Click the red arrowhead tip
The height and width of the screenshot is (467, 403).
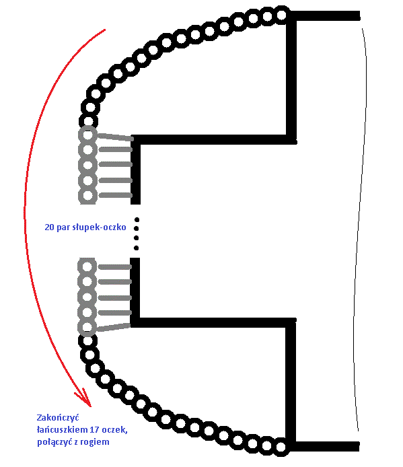(90, 406)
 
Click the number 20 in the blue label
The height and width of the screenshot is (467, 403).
(49, 227)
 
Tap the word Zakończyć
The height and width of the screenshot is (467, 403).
(58, 417)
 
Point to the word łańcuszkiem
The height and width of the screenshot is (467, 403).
(63, 430)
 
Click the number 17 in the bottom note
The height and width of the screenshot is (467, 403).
(95, 430)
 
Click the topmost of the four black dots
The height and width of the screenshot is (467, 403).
(137, 220)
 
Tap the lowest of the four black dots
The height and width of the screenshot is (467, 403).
(137, 248)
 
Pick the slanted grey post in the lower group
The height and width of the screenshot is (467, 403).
(114, 327)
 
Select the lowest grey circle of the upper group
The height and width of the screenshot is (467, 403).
(87, 195)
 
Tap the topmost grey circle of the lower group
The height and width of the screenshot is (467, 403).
(87, 266)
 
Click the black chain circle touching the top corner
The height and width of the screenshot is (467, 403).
(281, 15)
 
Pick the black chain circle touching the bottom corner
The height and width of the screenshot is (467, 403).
(281, 446)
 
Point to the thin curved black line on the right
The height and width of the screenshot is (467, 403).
(361, 229)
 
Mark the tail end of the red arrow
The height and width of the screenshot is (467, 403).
(105, 30)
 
